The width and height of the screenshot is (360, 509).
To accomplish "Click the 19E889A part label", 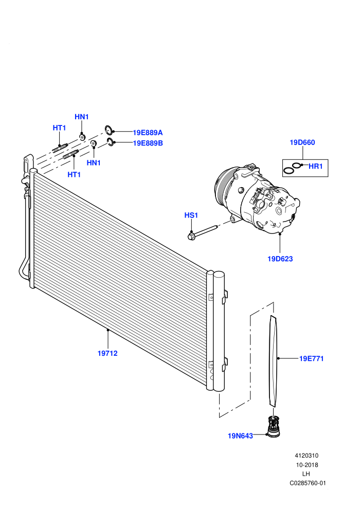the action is point(148,133).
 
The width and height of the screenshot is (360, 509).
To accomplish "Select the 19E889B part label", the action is point(148,143).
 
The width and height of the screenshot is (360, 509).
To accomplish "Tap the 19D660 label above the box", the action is point(302,142).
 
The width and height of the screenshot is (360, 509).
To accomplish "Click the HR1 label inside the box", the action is point(316,166).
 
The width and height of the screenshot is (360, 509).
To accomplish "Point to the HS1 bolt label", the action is point(191,215).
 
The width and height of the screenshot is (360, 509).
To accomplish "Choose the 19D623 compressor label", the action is point(280,259).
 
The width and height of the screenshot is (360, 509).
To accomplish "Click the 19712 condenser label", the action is point(107,353).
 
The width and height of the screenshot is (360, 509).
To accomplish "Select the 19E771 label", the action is point(311,358).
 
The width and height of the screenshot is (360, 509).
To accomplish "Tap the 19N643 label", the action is point(240,435).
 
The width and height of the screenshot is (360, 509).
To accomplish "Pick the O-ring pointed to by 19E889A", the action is point(109,130).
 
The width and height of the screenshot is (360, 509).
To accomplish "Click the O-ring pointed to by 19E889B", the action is point(111,142).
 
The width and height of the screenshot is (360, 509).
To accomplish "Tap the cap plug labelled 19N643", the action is point(273,427).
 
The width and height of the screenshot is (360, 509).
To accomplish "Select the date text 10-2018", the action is point(307,465).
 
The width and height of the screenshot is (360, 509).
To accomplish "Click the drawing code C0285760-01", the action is point(308,483).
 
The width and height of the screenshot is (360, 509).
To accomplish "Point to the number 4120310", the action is point(307,456).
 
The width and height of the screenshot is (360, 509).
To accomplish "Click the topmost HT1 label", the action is point(60,128).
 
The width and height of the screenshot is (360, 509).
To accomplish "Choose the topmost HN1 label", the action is point(81,117).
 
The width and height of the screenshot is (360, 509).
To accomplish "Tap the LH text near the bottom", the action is point(306,474).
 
